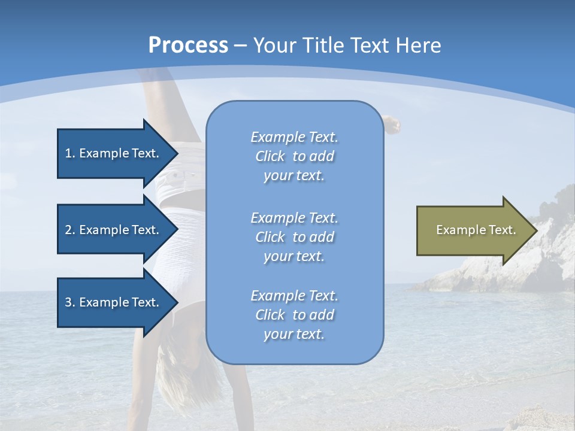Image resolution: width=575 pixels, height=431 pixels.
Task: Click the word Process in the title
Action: (x=188, y=45)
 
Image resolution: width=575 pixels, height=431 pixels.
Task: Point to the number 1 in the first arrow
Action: (x=68, y=153)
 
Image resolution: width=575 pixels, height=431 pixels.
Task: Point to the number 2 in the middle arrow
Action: (x=68, y=230)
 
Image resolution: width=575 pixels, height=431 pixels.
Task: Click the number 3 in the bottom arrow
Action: (x=68, y=302)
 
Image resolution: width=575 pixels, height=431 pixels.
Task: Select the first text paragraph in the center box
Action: (x=294, y=156)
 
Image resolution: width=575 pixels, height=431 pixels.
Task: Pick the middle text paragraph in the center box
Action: (x=294, y=237)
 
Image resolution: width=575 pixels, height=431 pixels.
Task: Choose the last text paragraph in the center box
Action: (x=294, y=315)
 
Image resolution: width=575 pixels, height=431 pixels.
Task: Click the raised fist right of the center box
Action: (x=392, y=125)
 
